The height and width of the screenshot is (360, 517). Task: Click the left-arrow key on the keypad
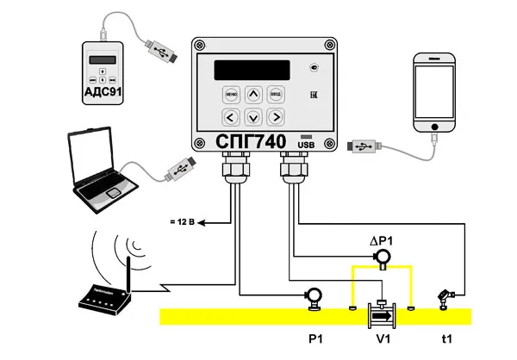[230, 116]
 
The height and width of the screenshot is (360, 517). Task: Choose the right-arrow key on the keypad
[276, 116]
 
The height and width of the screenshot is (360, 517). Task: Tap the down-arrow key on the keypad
[252, 116]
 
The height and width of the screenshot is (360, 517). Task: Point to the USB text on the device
[307, 146]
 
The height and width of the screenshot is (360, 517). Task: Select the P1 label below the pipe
[315, 340]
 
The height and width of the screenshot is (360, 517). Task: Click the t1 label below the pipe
[446, 340]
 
